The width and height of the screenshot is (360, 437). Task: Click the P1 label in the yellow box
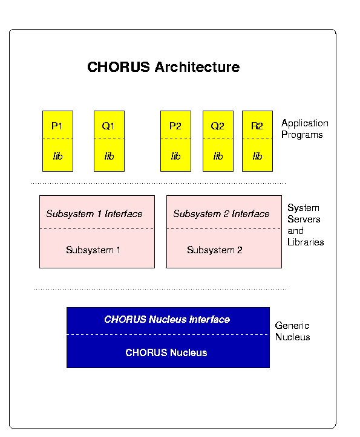pos(57,126)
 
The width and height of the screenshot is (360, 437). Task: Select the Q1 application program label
pos(108,126)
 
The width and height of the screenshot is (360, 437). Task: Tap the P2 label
pos(175,126)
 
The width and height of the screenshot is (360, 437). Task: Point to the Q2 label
pos(218,126)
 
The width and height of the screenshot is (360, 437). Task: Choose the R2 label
pos(257,126)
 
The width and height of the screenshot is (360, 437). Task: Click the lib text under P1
pos(57,156)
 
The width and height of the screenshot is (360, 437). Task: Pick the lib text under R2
pos(257,156)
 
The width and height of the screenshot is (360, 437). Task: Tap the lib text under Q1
pos(109,156)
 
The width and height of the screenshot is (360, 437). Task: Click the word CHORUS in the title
pos(119,67)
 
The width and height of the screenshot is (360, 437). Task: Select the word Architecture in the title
pos(197,67)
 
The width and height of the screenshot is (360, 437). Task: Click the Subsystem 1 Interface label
pos(94,214)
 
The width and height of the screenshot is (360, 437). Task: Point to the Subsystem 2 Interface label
pos(221,214)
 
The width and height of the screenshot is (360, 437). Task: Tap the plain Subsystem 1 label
pos(93,250)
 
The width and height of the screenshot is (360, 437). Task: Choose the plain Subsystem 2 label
pos(215,250)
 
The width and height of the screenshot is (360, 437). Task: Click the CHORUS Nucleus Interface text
pos(167,319)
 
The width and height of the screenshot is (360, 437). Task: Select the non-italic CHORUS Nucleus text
pos(166,352)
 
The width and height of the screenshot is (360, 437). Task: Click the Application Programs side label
pos(305,129)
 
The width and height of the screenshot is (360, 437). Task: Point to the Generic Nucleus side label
pos(292,331)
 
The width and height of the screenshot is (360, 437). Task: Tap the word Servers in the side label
pos(304,219)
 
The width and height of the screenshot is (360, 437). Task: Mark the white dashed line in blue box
pos(168,334)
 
